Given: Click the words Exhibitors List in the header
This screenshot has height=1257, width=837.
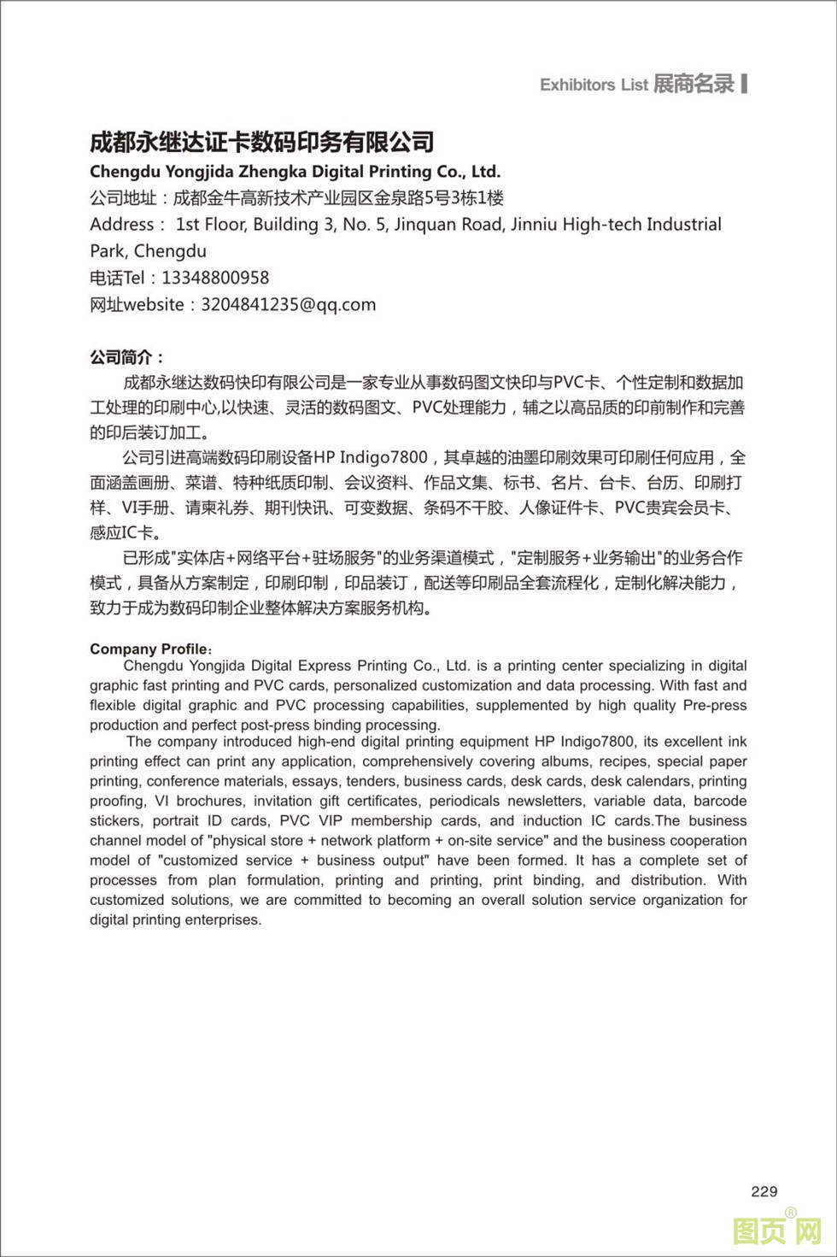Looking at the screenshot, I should click(594, 85).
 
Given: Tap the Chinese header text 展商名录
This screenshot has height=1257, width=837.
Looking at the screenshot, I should click(694, 84).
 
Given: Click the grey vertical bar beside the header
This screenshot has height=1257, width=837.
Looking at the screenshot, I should click(745, 83).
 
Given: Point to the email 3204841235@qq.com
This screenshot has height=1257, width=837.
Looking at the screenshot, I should click(288, 304).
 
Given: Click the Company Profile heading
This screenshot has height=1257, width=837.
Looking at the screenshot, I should click(149, 649).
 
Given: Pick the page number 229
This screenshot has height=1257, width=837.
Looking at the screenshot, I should click(764, 1191).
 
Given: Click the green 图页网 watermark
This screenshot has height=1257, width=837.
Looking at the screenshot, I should click(776, 1231).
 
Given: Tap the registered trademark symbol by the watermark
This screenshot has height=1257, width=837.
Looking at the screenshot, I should click(791, 1212).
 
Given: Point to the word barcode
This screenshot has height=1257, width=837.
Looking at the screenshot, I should click(720, 801).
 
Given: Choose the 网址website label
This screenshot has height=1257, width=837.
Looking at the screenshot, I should click(137, 304).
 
